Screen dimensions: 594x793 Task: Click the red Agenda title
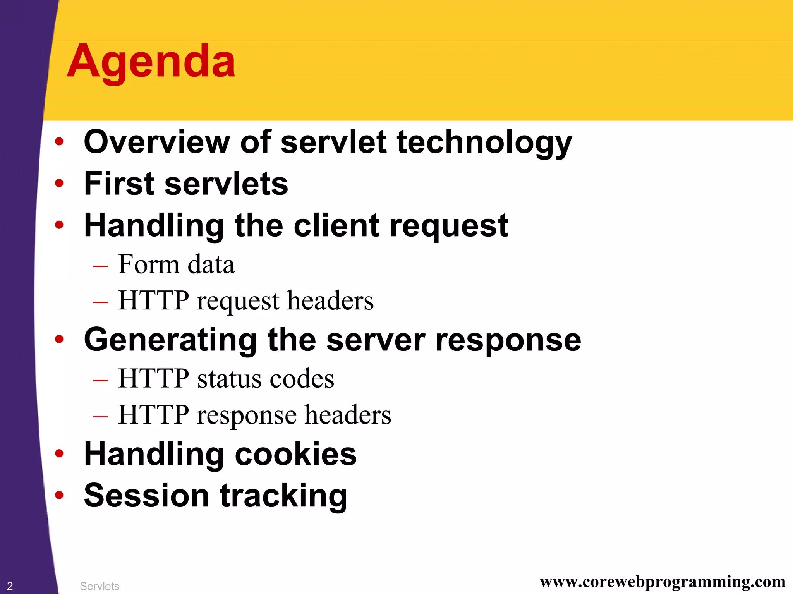point(151,62)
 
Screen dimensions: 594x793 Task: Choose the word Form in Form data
point(148,264)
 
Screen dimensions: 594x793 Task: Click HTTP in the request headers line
point(153,300)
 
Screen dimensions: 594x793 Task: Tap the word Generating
point(170,340)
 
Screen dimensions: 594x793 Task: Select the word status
point(228,378)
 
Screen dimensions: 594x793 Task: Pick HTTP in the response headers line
point(153,415)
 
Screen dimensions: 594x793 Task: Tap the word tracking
point(283,496)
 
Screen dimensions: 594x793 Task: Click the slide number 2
point(10,586)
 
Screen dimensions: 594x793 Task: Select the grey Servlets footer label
point(100,586)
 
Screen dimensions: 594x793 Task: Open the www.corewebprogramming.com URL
point(663,582)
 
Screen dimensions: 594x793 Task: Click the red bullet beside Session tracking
point(59,495)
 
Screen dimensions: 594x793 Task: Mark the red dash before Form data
point(100,266)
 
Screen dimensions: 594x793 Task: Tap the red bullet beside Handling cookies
point(59,453)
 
